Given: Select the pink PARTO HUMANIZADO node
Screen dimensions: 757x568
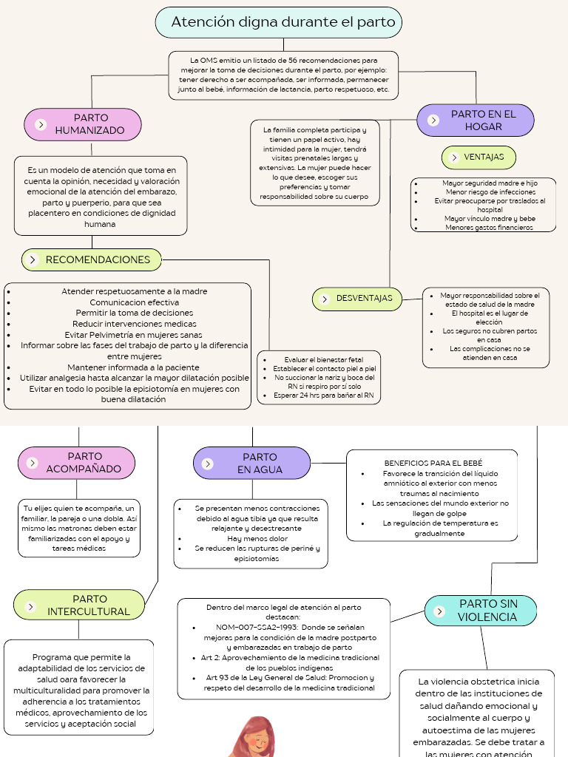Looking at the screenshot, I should [x=83, y=124].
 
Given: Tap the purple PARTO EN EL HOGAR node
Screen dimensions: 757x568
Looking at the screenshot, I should [x=476, y=120].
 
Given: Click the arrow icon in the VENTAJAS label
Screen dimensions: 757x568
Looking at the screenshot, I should [x=453, y=157].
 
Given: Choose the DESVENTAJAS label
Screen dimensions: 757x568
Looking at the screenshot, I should [x=358, y=299].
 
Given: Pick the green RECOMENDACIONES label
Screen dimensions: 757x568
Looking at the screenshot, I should [x=92, y=259].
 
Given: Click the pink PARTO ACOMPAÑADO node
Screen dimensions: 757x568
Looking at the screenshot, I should [x=77, y=463].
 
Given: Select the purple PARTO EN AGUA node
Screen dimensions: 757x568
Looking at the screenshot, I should [x=252, y=463].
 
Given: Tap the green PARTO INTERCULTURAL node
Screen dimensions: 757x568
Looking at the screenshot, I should [x=79, y=605].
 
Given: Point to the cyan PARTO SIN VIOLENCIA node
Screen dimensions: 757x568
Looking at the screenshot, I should [x=481, y=611].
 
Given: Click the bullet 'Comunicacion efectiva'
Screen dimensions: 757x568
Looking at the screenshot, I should [x=134, y=302].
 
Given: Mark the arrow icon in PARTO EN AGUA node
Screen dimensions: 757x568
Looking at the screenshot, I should [x=208, y=464].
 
